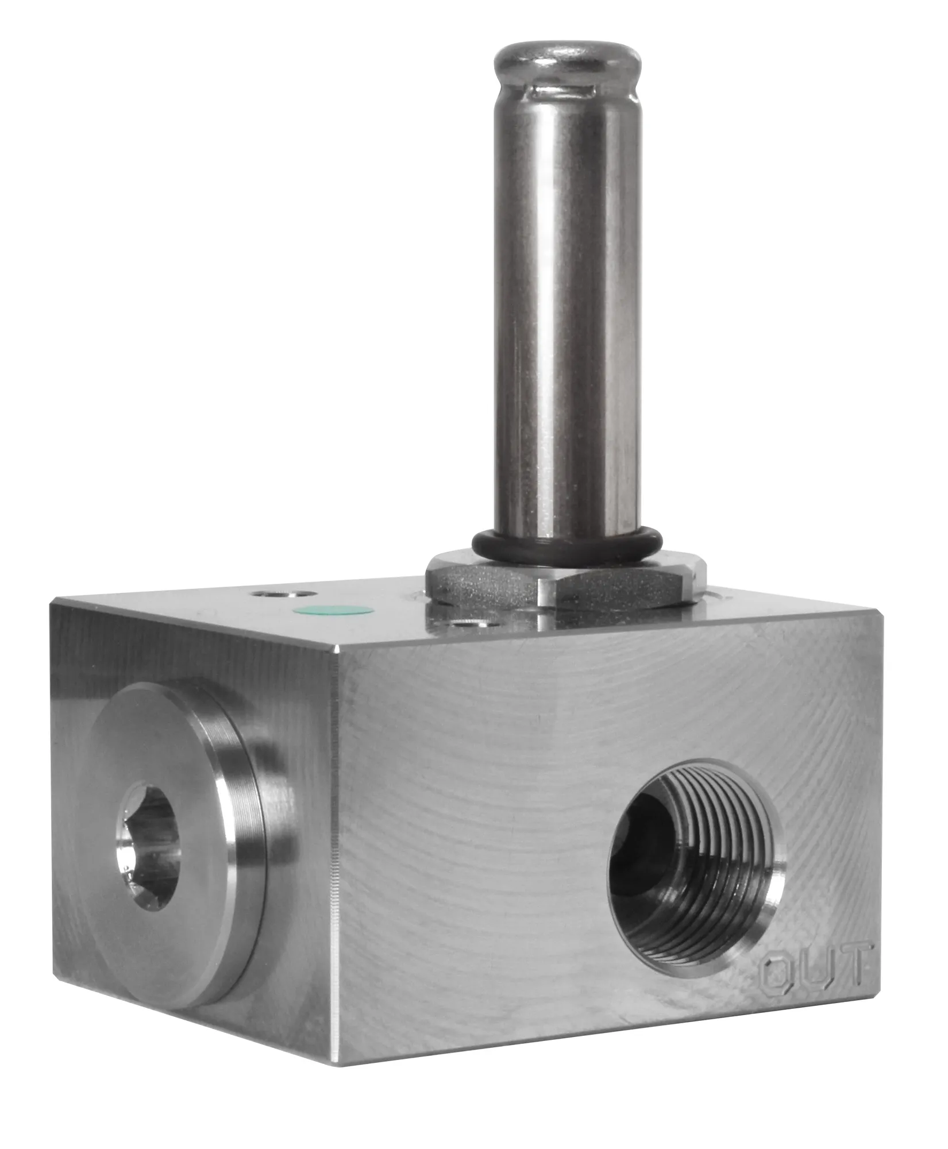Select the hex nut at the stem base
pyautogui.click(x=566, y=585)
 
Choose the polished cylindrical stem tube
pyautogui.click(x=566, y=299)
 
